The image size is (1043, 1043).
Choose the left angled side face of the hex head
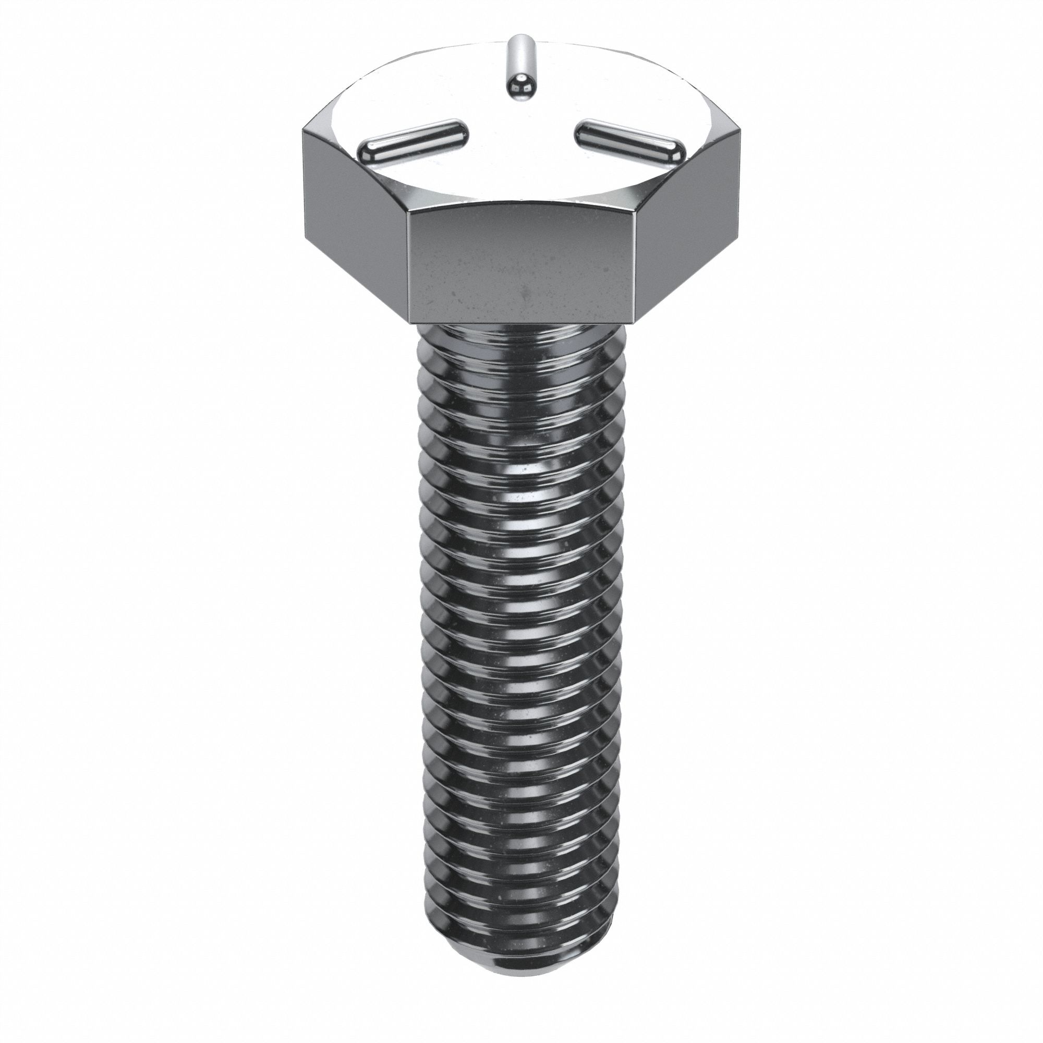point(354,216)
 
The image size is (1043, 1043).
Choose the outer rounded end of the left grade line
point(368,153)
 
